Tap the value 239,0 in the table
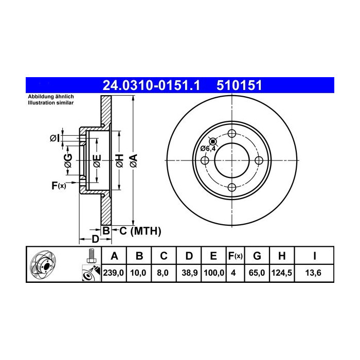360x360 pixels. point(114,273)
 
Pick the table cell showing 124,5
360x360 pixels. point(282,273)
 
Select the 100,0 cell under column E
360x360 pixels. point(212,273)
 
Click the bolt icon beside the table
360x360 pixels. point(91,255)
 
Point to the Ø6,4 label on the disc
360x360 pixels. point(208,149)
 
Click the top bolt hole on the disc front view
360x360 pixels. point(231,133)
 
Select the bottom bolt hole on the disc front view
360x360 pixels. point(231,187)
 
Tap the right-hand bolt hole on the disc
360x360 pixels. point(258,160)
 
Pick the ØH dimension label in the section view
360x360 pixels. point(119,160)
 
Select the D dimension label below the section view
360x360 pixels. point(95,239)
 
